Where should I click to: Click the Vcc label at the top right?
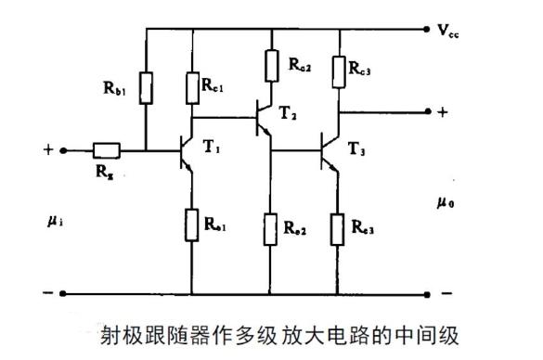pos(449,31)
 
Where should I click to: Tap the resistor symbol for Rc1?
pos(192,87)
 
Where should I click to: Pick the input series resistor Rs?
pos(105,148)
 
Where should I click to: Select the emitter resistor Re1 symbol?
pos(192,224)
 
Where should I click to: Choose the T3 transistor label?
pos(357,149)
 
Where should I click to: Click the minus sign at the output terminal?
pos(446,293)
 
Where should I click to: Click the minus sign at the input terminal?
pos(45,293)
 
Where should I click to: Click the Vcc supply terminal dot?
pos(428,29)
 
